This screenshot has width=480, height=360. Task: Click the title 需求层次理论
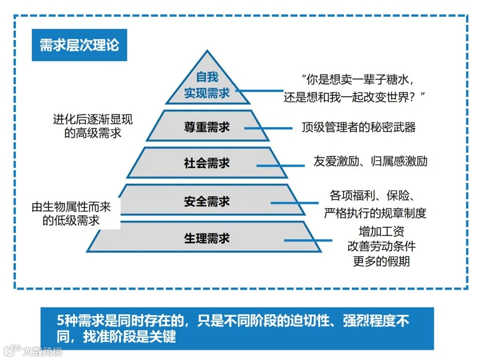[x=79, y=45]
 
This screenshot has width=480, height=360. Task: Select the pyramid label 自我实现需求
[x=207, y=85]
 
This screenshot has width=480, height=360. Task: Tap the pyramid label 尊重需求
[x=207, y=127]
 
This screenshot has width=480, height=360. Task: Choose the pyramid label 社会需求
[x=207, y=163]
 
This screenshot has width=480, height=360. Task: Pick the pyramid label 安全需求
[x=207, y=201]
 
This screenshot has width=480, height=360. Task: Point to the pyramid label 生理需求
[x=207, y=238]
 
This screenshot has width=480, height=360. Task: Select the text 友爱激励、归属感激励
[x=370, y=161]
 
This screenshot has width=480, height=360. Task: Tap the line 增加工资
[x=381, y=232]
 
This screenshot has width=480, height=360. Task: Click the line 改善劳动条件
[x=381, y=246]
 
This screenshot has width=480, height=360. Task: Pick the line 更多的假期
[x=381, y=261]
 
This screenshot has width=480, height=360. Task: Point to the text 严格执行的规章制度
[x=375, y=212]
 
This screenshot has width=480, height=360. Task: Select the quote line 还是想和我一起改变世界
[x=355, y=96]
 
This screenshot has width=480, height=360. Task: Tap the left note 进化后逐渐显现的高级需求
[x=92, y=126]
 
